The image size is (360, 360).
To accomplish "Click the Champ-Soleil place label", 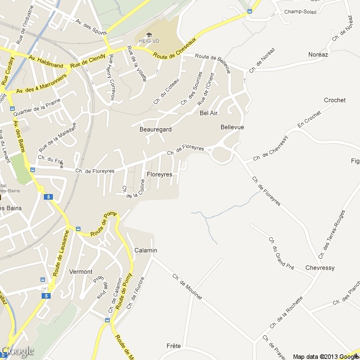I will (300, 11).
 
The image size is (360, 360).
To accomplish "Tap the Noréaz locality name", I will (318, 55).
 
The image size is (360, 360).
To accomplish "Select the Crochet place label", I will (335, 100).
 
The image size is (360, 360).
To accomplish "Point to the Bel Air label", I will (209, 113).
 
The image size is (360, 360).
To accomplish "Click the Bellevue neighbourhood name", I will (232, 128).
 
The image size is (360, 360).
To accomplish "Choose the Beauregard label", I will (155, 129).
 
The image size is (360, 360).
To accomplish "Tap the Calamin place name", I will (146, 250).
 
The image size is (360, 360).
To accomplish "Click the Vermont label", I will (80, 272).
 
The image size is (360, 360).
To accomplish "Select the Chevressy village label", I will (321, 268).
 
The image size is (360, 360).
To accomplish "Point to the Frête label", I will (173, 345).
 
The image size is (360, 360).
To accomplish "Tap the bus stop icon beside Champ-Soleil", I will (249, 11).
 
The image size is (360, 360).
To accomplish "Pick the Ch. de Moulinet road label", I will (187, 287).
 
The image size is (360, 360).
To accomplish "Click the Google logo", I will (17, 351).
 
